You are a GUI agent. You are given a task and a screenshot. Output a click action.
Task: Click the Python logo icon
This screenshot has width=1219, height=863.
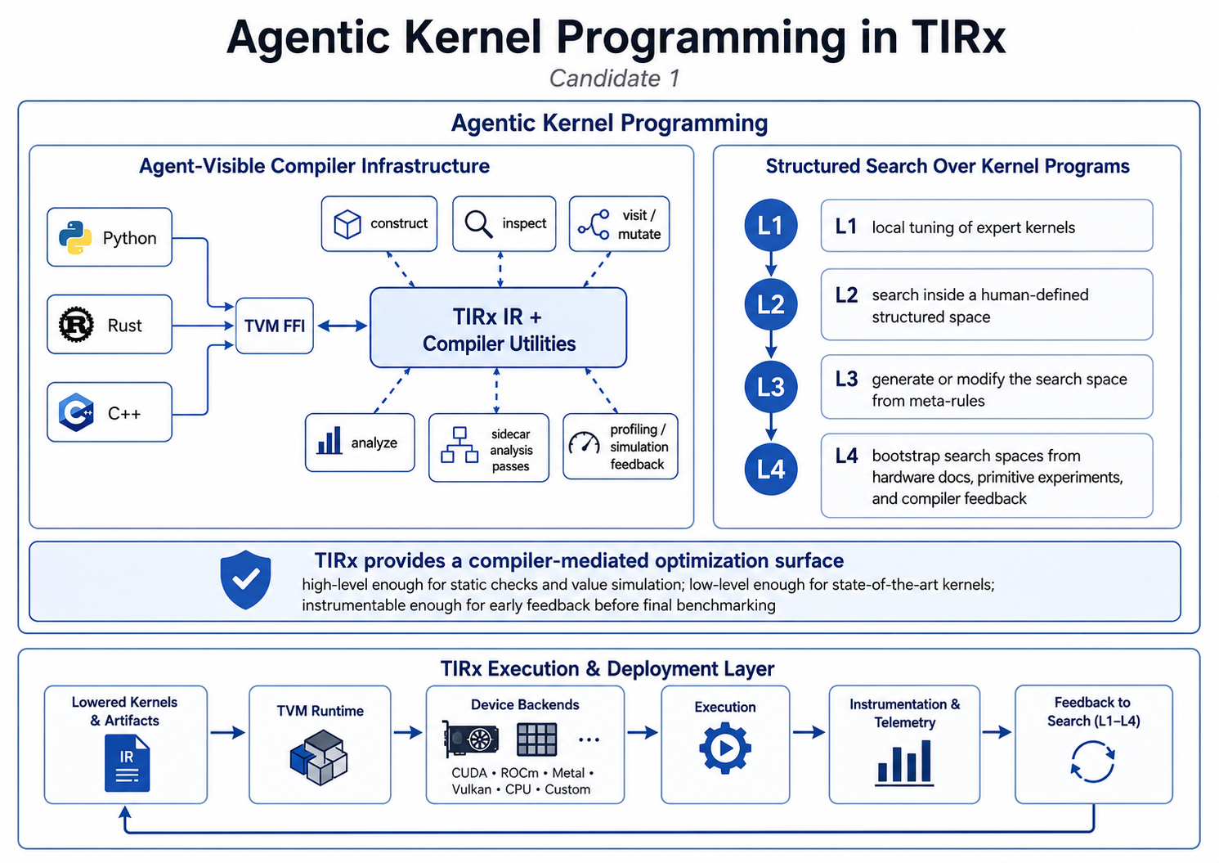pos(75,237)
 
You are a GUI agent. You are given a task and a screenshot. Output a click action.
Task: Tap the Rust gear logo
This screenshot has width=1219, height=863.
pos(76,325)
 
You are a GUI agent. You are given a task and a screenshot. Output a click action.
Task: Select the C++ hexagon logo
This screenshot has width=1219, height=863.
pos(76,412)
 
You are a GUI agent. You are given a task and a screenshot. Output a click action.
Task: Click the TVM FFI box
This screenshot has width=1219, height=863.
pos(274,326)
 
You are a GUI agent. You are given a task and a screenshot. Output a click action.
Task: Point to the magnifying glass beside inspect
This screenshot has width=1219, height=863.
pos(478,224)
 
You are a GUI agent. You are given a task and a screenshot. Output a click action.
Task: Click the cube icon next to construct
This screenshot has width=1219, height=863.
pos(347,224)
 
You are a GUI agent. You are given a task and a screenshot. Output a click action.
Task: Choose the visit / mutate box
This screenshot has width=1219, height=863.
pos(619,224)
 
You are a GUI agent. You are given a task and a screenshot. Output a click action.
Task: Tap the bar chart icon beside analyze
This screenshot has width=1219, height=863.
pos(329,440)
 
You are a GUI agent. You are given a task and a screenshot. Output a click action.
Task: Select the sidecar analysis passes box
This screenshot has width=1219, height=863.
pos(489,447)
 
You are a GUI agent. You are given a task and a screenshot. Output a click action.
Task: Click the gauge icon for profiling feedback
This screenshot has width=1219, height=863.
pos(584,443)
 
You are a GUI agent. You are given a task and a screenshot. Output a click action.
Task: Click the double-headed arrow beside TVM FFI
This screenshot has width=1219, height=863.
pos(342,326)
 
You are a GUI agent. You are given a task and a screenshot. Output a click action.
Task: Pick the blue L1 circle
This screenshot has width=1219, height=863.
pos(771,225)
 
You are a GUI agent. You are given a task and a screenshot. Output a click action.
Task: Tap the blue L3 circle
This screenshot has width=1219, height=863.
pos(771,387)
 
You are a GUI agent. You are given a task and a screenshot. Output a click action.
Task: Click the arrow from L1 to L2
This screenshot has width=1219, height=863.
pos(771,264)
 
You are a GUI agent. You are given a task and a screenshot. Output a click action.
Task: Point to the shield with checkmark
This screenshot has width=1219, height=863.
pos(245,579)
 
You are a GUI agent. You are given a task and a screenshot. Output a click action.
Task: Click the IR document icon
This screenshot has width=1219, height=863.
pos(127,763)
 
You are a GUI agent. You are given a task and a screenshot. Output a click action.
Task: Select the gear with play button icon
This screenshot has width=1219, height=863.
pos(725,748)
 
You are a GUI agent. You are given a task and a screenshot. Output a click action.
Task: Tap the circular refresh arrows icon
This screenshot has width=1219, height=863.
pos(1093,762)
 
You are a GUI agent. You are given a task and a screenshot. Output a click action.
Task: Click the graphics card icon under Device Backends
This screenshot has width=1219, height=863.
pos(471,739)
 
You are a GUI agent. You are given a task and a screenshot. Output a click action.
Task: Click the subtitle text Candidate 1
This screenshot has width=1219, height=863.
pos(614,79)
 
